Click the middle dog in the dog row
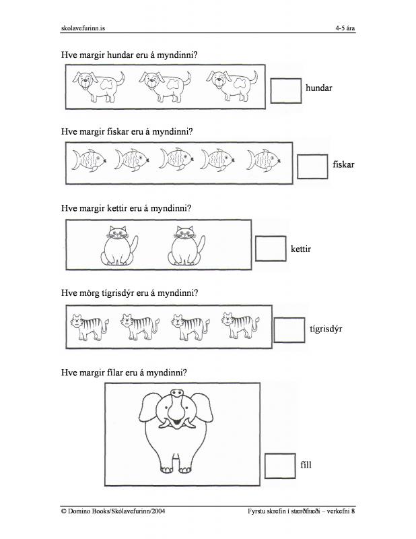[x=160, y=86]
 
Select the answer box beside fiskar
[x=312, y=166]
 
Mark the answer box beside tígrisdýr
[x=289, y=329]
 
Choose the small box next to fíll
[x=279, y=466]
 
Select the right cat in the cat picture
[x=184, y=246]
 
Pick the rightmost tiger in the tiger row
[x=238, y=326]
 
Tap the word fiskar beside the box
[x=343, y=164]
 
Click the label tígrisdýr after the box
[x=326, y=329]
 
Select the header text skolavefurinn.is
[x=83, y=28]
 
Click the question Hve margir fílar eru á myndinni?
[x=124, y=372]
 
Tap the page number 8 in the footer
[x=353, y=512]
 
